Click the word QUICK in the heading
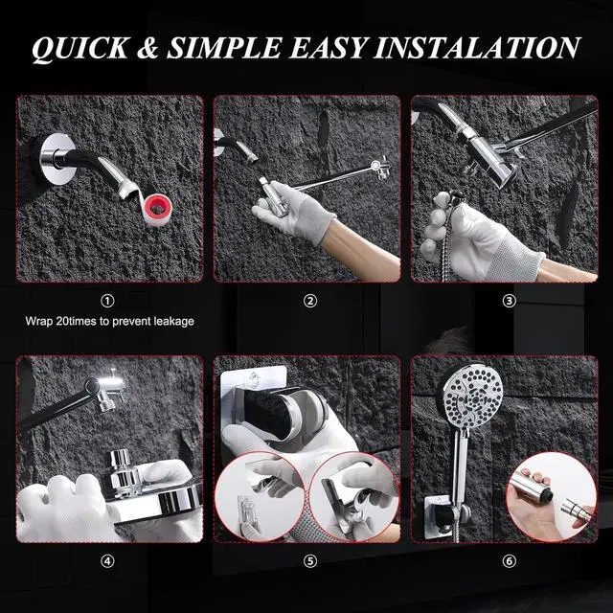click(x=79, y=49)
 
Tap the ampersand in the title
click(x=148, y=49)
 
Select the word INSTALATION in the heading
click(x=477, y=48)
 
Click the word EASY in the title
click(x=328, y=49)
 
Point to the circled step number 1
click(x=107, y=301)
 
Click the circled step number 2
click(x=310, y=301)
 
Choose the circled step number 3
click(x=509, y=301)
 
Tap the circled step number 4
click(x=107, y=561)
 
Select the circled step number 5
click(x=310, y=561)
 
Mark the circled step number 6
click(x=509, y=561)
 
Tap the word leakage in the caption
click(x=174, y=322)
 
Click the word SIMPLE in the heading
click(x=224, y=49)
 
